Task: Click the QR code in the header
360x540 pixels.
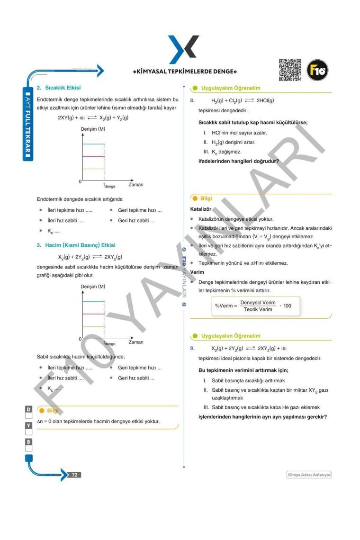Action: tap(290, 70)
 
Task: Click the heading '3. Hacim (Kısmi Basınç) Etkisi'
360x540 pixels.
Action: tap(76, 245)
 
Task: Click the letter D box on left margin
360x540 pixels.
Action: tap(28, 408)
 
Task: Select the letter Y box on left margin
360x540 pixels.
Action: tap(28, 425)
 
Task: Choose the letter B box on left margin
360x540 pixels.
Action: tap(28, 441)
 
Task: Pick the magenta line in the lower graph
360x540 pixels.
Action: tap(93, 314)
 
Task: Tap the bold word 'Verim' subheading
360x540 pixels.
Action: tap(197, 272)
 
